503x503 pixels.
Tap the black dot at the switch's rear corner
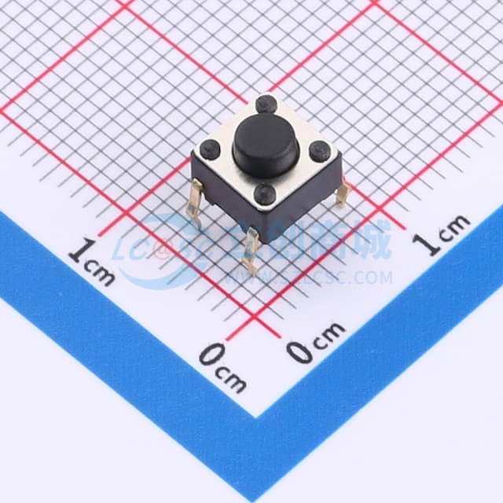[x=266, y=104]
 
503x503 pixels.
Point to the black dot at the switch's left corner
[x=211, y=148]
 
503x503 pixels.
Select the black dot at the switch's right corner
[x=319, y=151]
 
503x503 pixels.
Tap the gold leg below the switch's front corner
[x=251, y=250]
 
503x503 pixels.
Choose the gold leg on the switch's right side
[x=342, y=191]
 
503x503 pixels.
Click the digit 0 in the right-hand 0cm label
[x=299, y=351]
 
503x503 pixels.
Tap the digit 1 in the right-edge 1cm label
[x=429, y=244]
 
